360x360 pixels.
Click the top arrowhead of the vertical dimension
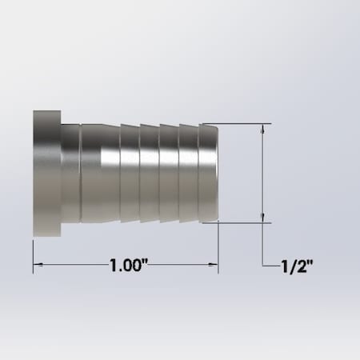click(x=264, y=128)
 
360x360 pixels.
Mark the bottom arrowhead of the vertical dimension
click(x=264, y=218)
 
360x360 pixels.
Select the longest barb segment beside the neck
click(x=100, y=174)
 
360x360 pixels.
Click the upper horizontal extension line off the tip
click(x=240, y=123)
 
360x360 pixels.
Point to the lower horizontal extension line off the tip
click(x=240, y=223)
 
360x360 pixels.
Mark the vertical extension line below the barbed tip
click(x=218, y=248)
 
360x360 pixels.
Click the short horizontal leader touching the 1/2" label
click(x=271, y=266)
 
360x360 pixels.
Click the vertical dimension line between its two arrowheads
click(x=264, y=174)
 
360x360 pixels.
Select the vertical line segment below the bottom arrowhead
click(x=264, y=245)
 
